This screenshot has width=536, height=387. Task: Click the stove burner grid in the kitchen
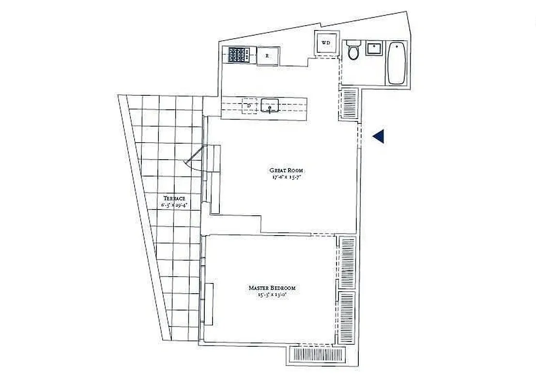pos(239,54)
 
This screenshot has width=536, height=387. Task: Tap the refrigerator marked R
pos(268,56)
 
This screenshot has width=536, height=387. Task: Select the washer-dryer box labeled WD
pos(326,43)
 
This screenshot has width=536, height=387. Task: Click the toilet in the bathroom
pos(353,50)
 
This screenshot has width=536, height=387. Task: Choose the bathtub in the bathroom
pos(397,63)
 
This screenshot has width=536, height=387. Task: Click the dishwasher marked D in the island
pos(249,105)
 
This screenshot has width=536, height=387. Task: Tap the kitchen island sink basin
pos(270,105)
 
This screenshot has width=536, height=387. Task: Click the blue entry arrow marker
pos(379,136)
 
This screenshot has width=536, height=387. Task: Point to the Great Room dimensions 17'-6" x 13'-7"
pos(287,177)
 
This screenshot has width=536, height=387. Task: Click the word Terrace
pos(174,198)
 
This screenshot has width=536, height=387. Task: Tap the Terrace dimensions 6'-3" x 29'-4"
pos(174,205)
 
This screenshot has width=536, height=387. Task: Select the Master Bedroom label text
pos(272,288)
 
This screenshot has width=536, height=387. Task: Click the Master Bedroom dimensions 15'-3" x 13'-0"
pos(272,295)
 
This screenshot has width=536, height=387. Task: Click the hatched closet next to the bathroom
pos(349,103)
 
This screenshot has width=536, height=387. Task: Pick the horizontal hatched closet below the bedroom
pos(317,355)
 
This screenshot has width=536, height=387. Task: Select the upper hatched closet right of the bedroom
pos(346,261)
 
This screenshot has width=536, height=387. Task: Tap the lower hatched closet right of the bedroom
pos(346,314)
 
